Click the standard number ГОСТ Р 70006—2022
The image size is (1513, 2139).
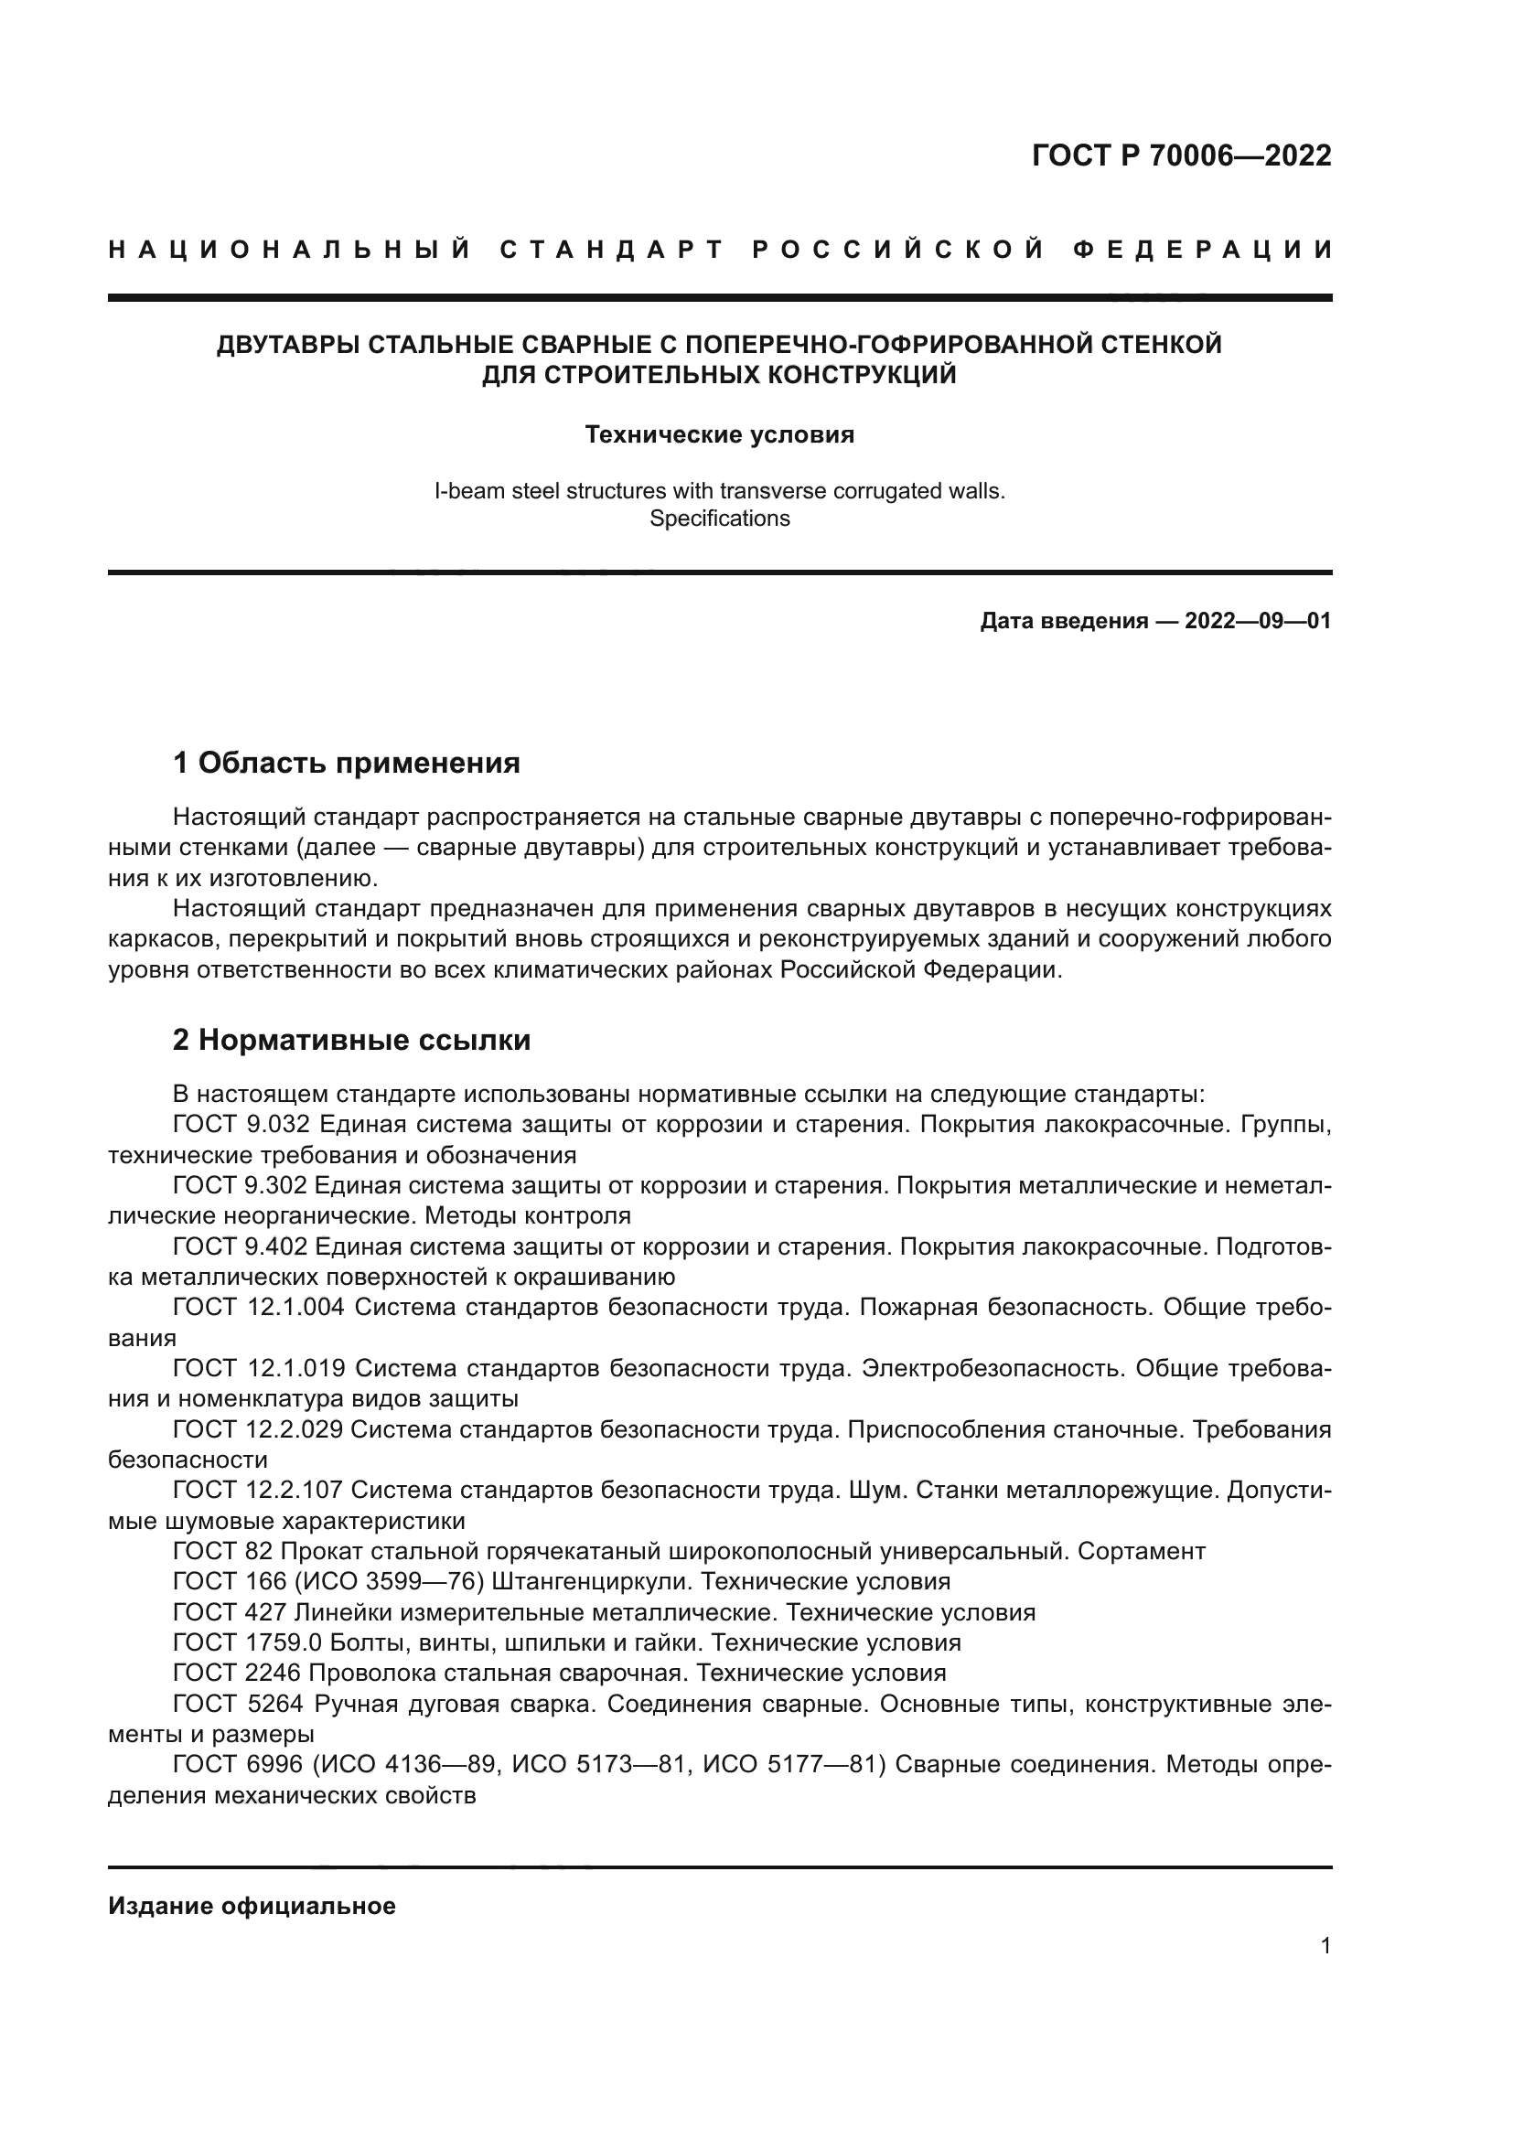point(1180,155)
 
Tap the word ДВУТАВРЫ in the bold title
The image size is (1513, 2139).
point(289,345)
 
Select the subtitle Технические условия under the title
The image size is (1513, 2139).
point(719,435)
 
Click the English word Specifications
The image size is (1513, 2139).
point(719,519)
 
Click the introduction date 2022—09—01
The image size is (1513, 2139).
point(1258,621)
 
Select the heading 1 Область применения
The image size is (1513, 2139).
point(346,763)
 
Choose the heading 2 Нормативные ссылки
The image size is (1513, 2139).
point(351,1040)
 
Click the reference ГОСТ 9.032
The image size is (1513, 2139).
point(241,1125)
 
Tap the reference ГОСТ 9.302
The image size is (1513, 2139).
point(241,1186)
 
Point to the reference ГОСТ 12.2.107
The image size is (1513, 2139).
point(258,1491)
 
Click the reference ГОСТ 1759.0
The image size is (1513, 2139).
point(247,1642)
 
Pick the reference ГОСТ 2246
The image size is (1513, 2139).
point(237,1674)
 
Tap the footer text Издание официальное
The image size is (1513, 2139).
point(252,1906)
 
